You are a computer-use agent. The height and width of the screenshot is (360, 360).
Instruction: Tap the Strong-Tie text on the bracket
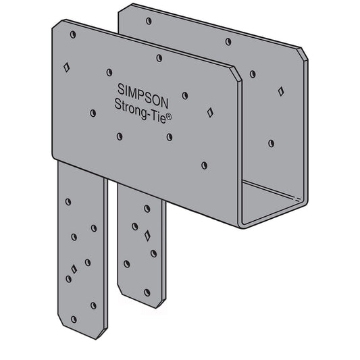click(140, 105)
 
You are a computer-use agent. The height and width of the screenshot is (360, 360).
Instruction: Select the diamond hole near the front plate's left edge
click(67, 67)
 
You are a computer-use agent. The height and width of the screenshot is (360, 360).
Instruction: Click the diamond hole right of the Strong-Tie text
click(210, 112)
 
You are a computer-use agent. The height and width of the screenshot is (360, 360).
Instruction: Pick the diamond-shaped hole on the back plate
click(280, 91)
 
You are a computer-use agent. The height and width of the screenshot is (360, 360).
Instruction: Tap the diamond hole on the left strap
click(74, 268)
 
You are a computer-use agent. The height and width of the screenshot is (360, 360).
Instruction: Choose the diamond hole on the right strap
click(147, 236)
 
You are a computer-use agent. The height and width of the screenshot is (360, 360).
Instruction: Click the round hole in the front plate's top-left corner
click(73, 34)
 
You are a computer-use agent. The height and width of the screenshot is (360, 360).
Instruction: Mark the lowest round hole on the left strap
click(73, 318)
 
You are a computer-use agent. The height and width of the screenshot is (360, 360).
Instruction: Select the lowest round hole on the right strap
click(147, 292)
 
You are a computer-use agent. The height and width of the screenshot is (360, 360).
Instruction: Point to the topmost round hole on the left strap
click(68, 201)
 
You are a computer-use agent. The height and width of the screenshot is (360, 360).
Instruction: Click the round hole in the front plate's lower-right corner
click(204, 165)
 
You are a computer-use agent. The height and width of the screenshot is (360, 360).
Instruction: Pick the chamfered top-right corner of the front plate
click(237, 74)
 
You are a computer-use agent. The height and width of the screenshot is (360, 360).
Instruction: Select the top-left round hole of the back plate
click(148, 21)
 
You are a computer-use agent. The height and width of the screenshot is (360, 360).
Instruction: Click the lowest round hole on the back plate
click(271, 143)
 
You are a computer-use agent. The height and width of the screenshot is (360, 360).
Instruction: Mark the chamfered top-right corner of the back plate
click(304, 53)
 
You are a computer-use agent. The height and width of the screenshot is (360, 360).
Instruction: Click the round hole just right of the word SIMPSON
click(184, 96)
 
